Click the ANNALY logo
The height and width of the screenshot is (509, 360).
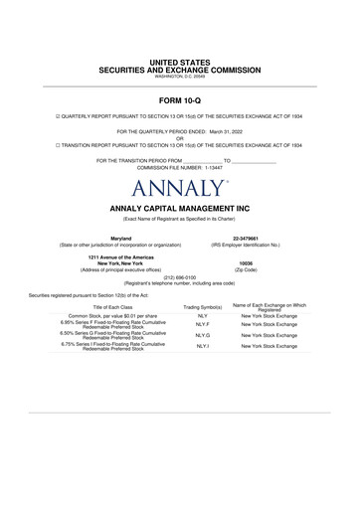pyautogui.click(x=180, y=187)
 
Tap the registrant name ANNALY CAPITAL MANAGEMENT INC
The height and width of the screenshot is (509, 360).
pyautogui.click(x=180, y=208)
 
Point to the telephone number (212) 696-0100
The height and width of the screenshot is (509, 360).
pyautogui.click(x=180, y=276)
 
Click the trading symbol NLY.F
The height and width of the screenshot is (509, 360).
pyautogui.click(x=203, y=324)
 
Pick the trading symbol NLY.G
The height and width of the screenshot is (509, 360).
pyautogui.click(x=203, y=336)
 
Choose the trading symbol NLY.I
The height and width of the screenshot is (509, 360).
pyautogui.click(x=203, y=347)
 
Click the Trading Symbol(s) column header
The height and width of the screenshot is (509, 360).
pyautogui.click(x=203, y=307)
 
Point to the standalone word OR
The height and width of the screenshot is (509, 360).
pyautogui.click(x=180, y=137)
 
